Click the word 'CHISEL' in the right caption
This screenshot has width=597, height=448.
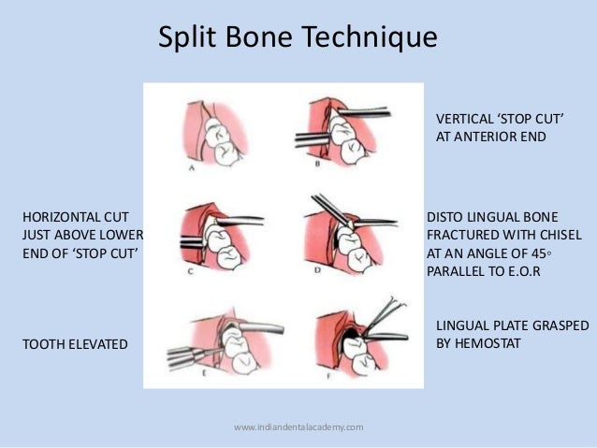(559, 234)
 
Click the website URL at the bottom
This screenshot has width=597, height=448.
(298, 427)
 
